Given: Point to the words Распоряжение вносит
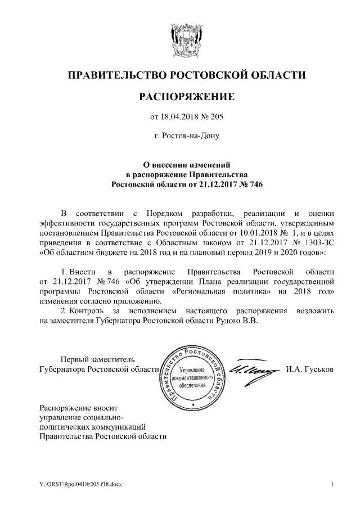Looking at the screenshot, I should (x=79, y=406).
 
